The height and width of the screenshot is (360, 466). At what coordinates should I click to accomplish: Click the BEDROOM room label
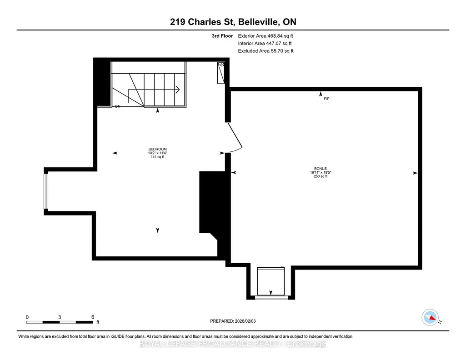click(x=157, y=149)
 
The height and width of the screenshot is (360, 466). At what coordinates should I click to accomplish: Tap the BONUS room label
click(x=321, y=169)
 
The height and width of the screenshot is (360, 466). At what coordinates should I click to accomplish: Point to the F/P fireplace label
click(x=326, y=99)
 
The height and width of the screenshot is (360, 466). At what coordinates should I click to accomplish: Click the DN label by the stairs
click(x=118, y=106)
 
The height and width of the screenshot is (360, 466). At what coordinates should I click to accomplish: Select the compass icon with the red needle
click(x=430, y=317)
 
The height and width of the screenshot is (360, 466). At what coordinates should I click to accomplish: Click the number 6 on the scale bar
click(x=93, y=317)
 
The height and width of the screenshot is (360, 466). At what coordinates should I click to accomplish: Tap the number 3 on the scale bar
click(x=60, y=317)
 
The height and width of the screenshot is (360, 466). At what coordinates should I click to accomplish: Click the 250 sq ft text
click(x=321, y=176)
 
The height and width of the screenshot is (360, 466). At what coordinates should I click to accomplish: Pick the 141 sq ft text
click(x=157, y=157)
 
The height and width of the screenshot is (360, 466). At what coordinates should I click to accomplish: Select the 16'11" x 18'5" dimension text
click(x=321, y=172)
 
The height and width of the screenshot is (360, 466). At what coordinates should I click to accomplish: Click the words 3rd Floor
click(x=222, y=36)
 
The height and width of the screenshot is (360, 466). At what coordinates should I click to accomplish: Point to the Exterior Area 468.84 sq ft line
click(x=266, y=36)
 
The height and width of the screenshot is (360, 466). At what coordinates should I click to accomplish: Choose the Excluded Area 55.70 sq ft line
click(x=266, y=51)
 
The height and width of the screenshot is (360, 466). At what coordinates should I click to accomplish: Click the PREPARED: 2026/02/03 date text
click(x=233, y=321)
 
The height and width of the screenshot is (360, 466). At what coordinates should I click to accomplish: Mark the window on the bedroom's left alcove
click(x=46, y=191)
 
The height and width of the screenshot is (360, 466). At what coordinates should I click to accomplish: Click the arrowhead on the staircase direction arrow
click(x=178, y=90)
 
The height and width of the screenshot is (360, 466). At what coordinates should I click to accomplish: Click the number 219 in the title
click(x=178, y=22)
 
